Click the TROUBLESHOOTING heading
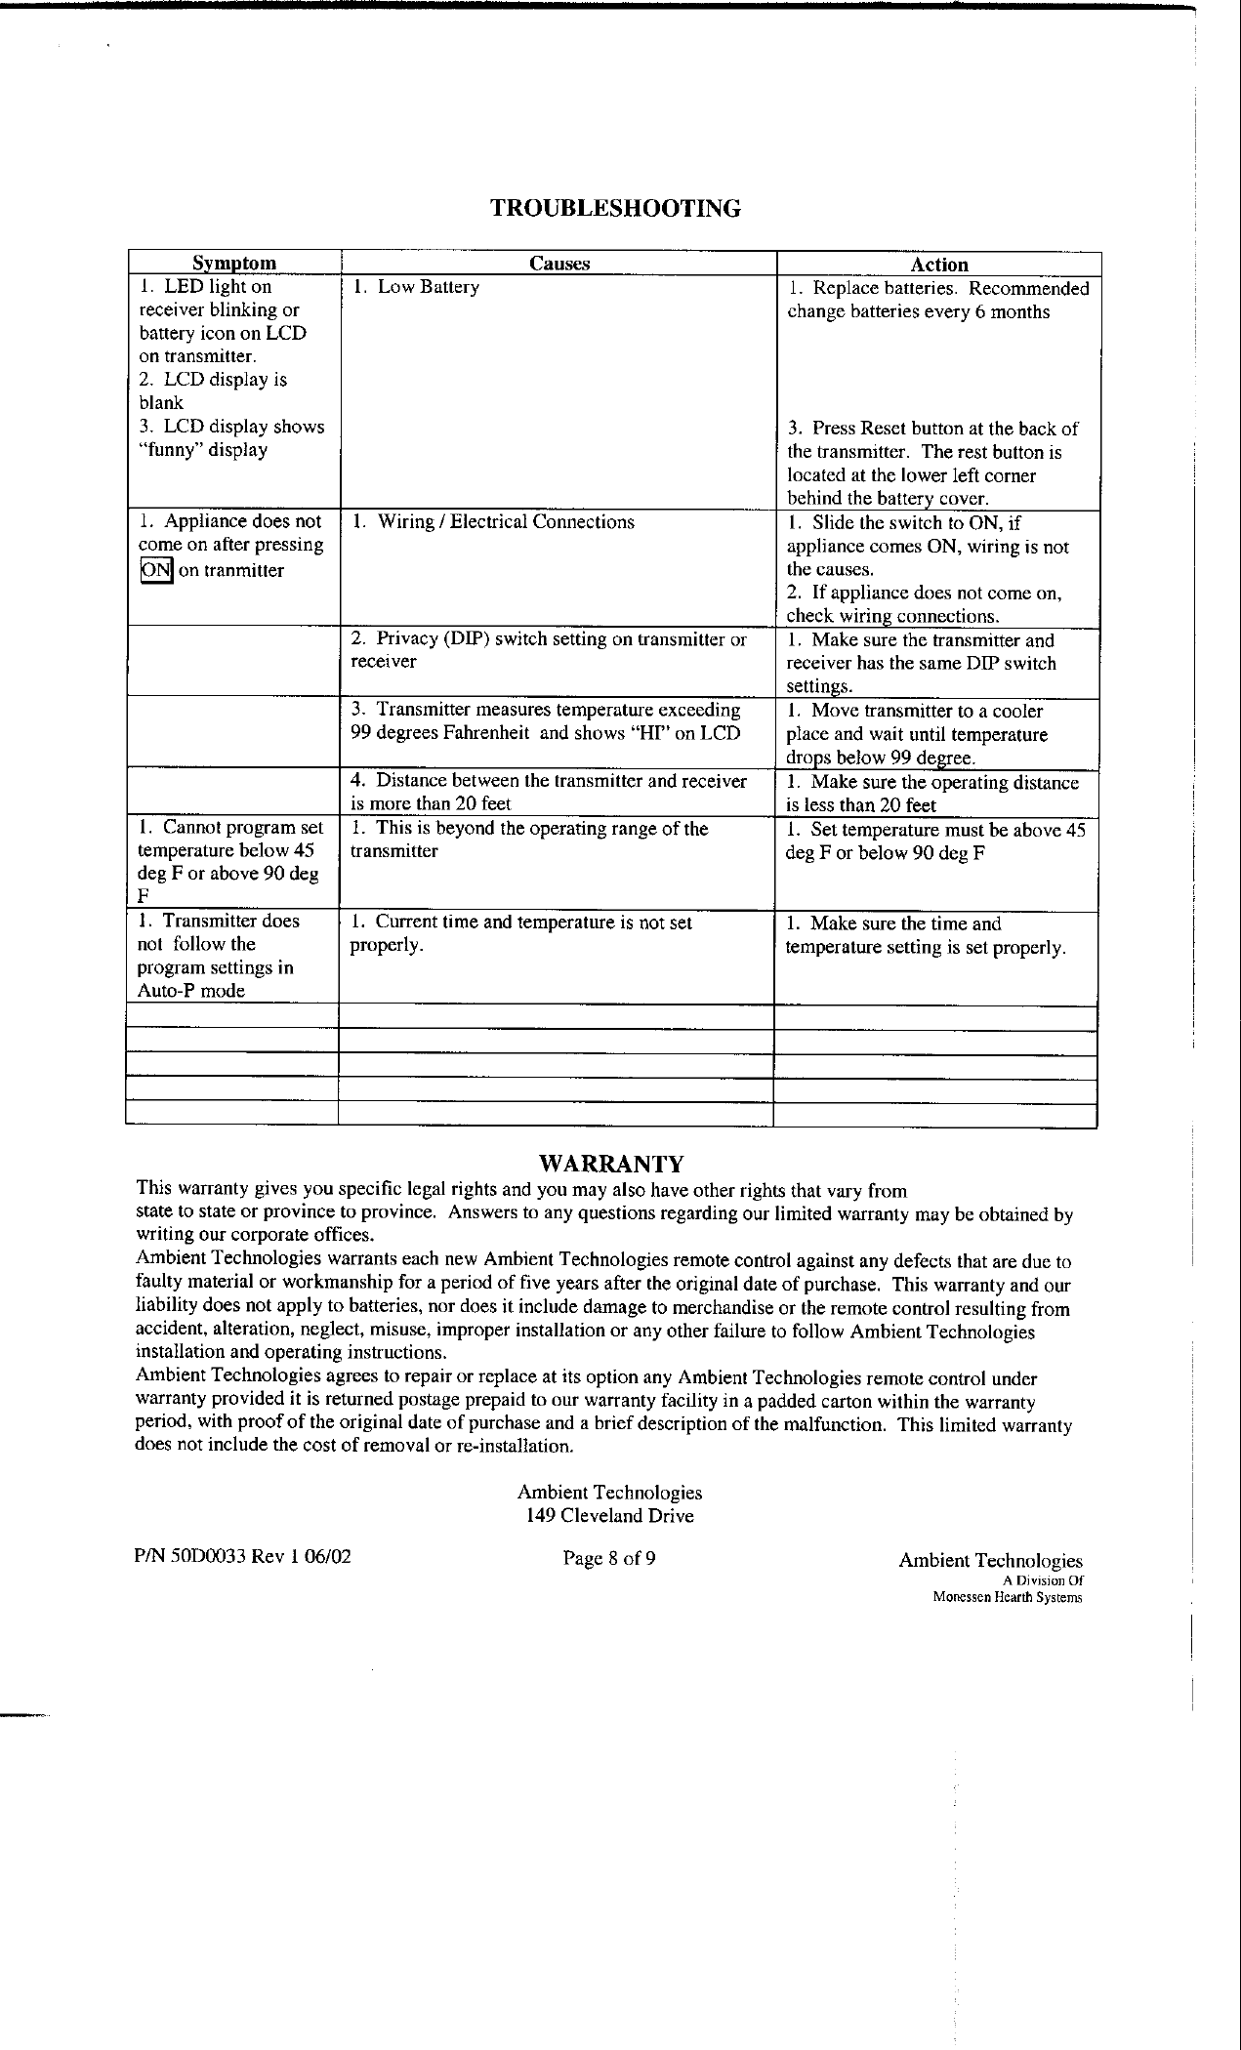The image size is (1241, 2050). (614, 208)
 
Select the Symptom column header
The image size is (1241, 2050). (233, 263)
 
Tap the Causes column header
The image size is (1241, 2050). (558, 263)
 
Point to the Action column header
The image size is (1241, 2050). (938, 265)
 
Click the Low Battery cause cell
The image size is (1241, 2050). (417, 287)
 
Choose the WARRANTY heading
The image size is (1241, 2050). (611, 1164)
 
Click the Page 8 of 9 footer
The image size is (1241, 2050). (609, 1558)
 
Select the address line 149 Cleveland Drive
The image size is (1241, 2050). (609, 1516)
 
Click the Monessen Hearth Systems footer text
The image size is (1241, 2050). (1007, 1598)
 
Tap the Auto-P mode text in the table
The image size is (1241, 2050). (191, 991)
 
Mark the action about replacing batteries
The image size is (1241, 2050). (937, 301)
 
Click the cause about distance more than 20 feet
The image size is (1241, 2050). (548, 793)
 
